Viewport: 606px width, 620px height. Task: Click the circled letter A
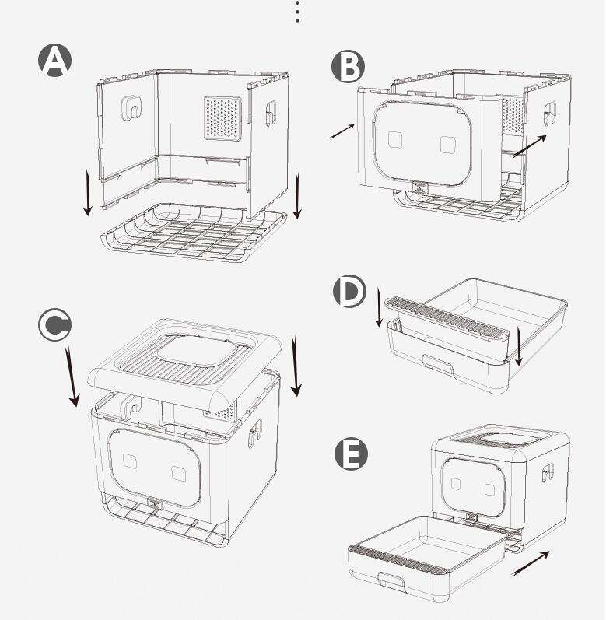55,60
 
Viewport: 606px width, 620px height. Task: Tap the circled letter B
348,66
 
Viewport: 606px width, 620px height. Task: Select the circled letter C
55,324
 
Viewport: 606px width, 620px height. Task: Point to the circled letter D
349,292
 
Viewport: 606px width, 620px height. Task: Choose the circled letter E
351,454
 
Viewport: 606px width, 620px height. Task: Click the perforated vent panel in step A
223,117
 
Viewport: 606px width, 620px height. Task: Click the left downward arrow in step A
88,193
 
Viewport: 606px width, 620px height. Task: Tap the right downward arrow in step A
297,196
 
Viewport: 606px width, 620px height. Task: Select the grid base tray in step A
194,233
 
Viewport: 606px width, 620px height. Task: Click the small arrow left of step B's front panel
342,131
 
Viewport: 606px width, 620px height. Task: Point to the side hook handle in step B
549,114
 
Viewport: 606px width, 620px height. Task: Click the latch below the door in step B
420,187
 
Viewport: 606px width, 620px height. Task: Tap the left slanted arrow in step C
73,377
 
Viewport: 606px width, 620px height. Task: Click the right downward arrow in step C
296,366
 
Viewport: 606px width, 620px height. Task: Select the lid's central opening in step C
194,351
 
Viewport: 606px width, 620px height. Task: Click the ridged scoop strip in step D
446,318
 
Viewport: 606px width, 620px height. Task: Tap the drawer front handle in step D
438,365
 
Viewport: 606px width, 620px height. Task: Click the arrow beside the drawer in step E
530,563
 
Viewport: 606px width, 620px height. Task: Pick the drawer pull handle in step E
391,580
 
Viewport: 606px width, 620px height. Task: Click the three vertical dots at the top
297,12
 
